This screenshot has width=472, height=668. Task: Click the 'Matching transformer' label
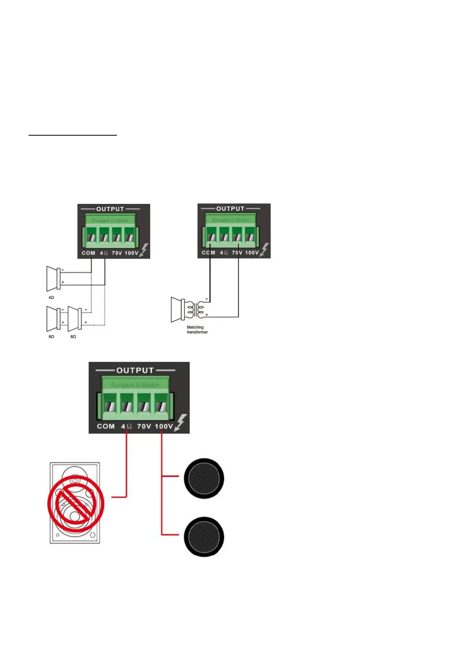tap(197, 330)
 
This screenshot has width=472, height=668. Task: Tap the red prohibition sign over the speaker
tap(76, 504)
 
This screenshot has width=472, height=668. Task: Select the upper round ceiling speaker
tap(204, 478)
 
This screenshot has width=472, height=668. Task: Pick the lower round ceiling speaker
tap(204, 537)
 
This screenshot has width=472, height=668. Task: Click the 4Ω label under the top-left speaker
tap(51, 298)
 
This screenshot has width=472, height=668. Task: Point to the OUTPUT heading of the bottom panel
tap(135, 370)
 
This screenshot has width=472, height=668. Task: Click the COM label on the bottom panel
tap(106, 426)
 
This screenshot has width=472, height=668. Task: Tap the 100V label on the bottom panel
tap(164, 426)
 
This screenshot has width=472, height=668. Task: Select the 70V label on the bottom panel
tap(144, 426)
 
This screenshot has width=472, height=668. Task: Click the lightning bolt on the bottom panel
tap(181, 422)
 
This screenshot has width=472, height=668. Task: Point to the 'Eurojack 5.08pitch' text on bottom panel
tap(135, 385)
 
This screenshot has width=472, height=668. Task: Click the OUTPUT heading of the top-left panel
tap(110, 209)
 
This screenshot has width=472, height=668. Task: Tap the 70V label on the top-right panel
tap(237, 253)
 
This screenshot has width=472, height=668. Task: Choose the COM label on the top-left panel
tap(88, 253)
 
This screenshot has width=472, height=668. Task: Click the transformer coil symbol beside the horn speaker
tap(197, 310)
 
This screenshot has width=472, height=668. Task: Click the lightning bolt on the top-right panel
tap(264, 250)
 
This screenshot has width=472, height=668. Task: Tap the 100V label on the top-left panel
tap(131, 253)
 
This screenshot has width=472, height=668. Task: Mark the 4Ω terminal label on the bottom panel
tap(126, 426)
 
